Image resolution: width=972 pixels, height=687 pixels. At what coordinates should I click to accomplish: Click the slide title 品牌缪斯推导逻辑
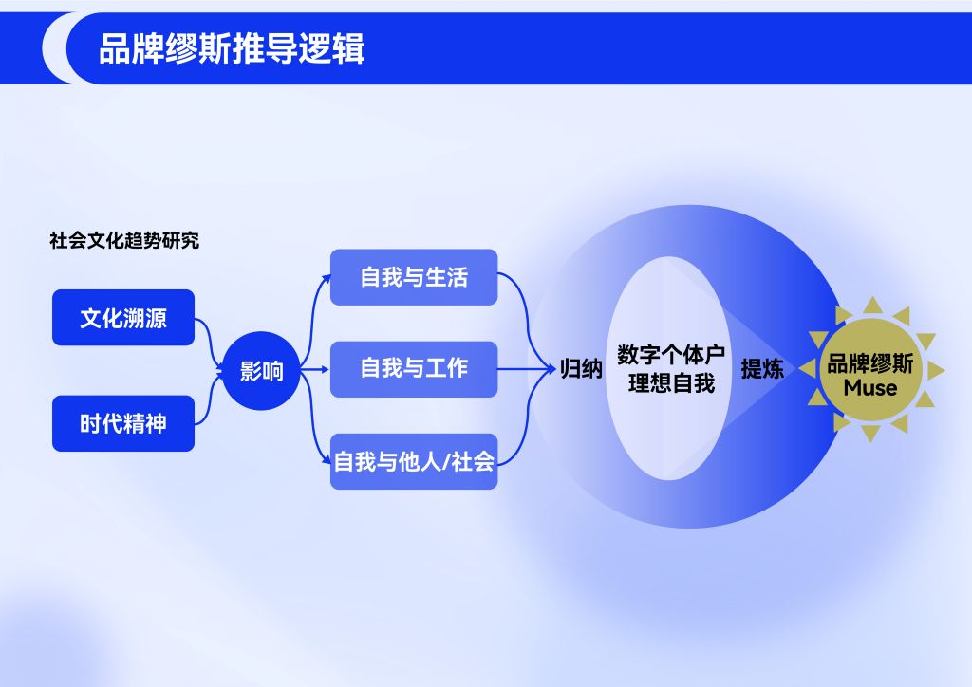[232, 48]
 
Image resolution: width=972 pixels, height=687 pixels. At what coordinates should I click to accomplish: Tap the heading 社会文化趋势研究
[124, 240]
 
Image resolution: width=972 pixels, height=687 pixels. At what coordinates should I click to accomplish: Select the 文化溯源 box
[123, 318]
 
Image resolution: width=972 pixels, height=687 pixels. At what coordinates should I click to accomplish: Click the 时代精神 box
[123, 423]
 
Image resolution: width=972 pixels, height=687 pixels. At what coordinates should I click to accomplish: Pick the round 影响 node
[261, 371]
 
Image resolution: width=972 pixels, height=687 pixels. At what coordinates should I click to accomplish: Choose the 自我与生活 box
[414, 277]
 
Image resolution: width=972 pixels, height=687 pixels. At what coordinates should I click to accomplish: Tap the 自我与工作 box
[414, 368]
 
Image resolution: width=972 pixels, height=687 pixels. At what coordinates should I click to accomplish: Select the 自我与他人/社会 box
[414, 462]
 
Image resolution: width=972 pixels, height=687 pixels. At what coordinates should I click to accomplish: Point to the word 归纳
[581, 369]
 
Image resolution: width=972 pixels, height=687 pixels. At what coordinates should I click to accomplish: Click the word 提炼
[762, 369]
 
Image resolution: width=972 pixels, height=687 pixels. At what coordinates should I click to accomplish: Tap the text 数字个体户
[671, 355]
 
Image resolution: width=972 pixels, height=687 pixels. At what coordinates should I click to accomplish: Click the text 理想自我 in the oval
[671, 384]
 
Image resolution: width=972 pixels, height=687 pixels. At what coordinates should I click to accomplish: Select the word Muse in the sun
[870, 388]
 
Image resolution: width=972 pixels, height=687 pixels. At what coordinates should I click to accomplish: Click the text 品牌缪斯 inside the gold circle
[870, 363]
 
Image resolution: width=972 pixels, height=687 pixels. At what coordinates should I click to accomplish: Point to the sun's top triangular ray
[870, 306]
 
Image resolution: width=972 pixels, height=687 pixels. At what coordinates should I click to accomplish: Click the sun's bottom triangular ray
[870, 435]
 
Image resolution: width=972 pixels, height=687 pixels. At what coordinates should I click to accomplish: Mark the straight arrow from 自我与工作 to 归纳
[527, 369]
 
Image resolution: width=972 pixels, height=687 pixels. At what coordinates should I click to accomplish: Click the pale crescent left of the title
[54, 47]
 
